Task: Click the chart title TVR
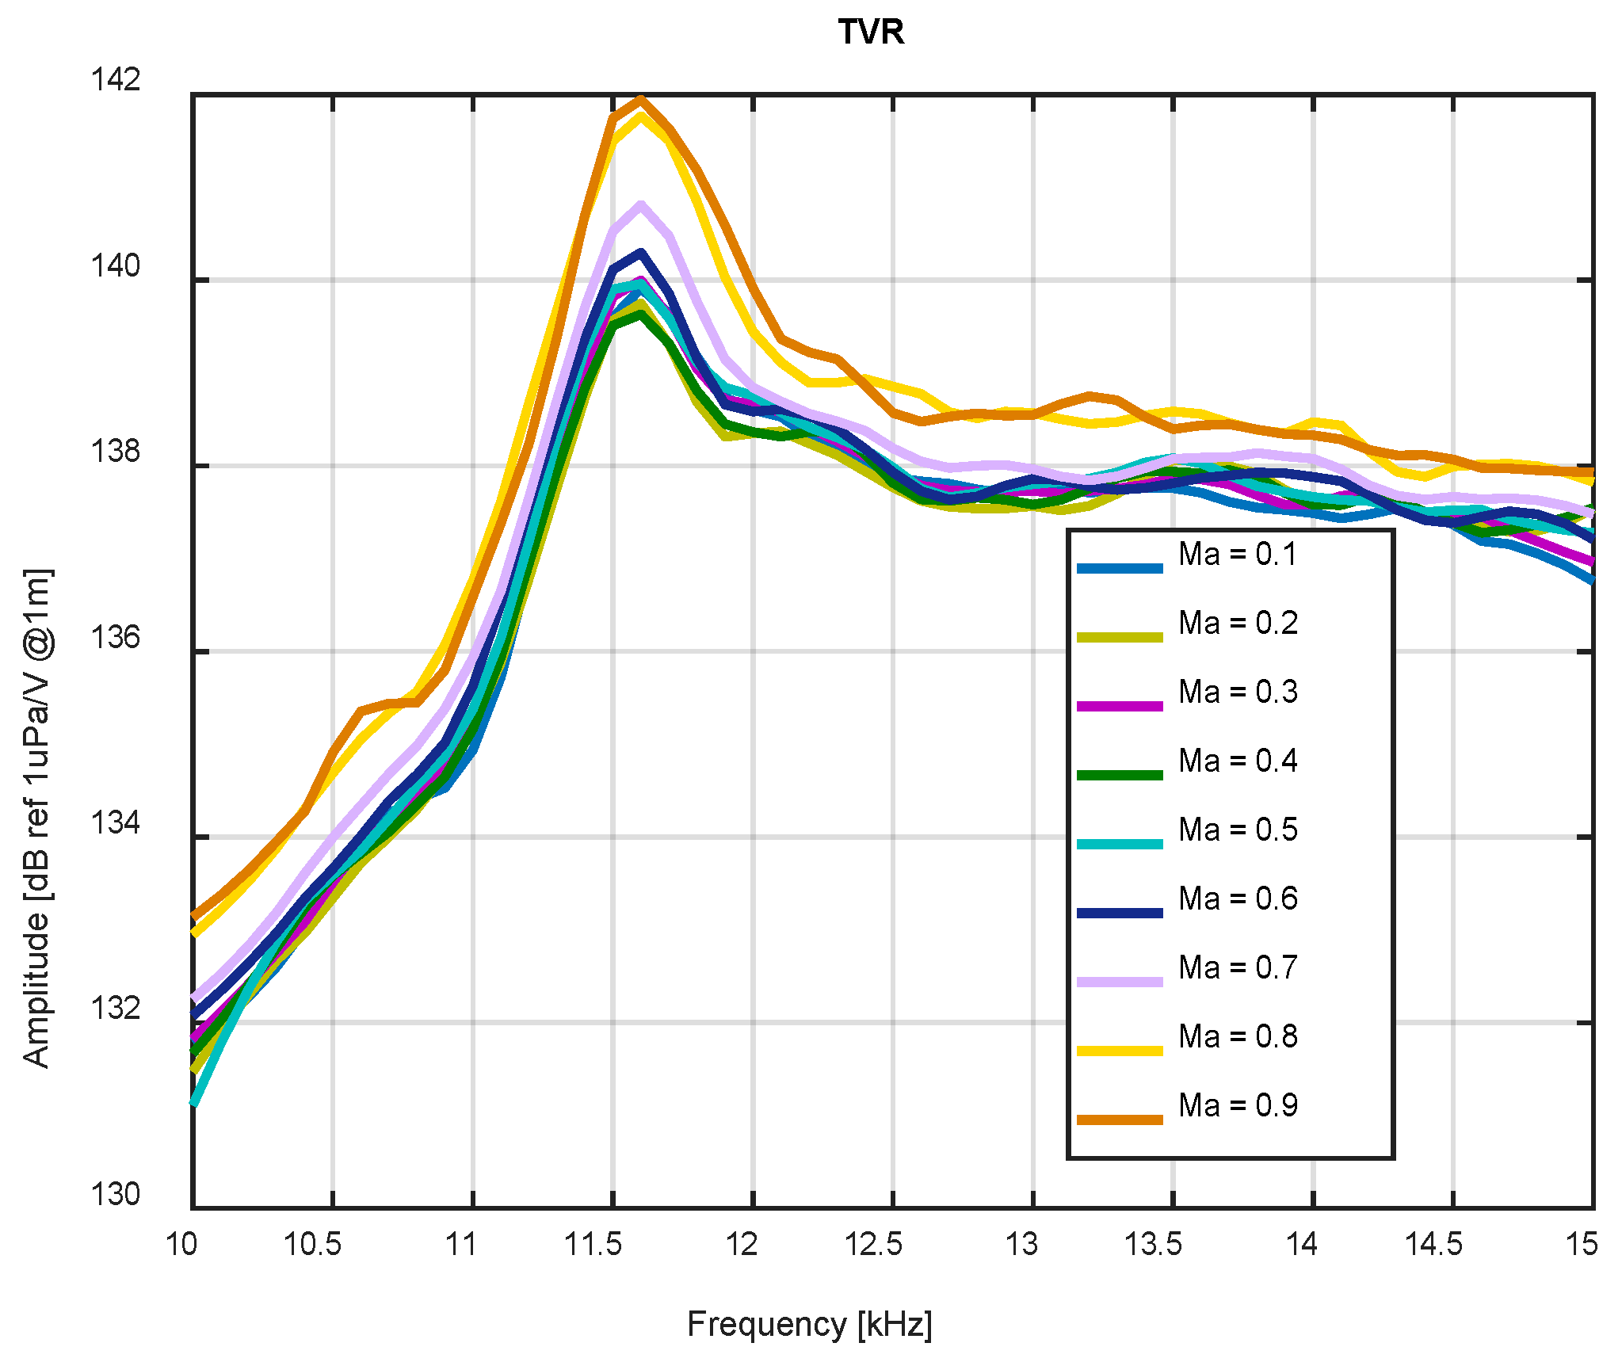(871, 32)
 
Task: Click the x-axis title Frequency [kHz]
(809, 1324)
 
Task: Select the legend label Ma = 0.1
(1237, 554)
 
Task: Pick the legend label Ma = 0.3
(1237, 692)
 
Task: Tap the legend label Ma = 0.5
(1237, 830)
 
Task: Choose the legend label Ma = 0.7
(1237, 967)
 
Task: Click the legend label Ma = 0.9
(1237, 1105)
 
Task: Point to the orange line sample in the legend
(1120, 1120)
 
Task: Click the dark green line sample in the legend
(1120, 775)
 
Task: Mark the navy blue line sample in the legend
(1120, 913)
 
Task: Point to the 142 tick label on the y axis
(116, 79)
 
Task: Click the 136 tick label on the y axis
(116, 637)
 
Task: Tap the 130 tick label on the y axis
(116, 1194)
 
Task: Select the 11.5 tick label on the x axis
(593, 1245)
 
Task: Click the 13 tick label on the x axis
(1021, 1245)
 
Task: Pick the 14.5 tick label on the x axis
(1433, 1245)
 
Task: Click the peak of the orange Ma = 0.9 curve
(641, 99)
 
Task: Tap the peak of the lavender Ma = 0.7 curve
(641, 204)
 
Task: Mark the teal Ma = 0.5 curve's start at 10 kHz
(194, 1102)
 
